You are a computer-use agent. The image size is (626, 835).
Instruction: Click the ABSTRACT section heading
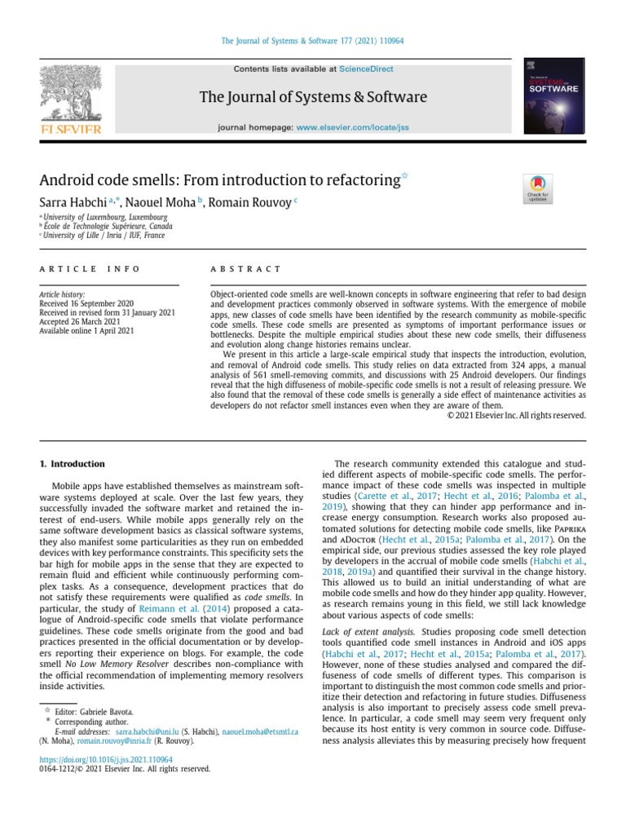(245, 269)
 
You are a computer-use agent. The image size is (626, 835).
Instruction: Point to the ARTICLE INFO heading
(90, 269)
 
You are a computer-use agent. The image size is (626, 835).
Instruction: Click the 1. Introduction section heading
(73, 464)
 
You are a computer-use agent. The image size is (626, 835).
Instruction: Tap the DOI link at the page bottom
(107, 759)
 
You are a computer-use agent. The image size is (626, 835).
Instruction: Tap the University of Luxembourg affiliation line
(105, 218)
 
